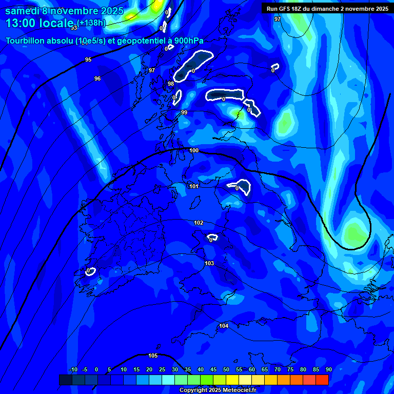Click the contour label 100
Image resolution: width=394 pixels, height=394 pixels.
pyautogui.click(x=194, y=150)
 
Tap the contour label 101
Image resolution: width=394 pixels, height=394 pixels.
pyautogui.click(x=193, y=186)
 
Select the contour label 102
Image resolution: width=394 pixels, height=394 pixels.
pyautogui.click(x=199, y=223)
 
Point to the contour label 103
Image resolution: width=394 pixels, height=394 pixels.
pyautogui.click(x=209, y=263)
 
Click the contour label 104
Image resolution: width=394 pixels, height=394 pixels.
pyautogui.click(x=224, y=326)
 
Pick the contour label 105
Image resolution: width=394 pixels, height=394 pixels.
pyautogui.click(x=153, y=356)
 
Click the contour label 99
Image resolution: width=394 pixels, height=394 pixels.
pyautogui.click(x=184, y=112)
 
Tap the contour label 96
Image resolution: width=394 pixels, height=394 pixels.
pyautogui.click(x=97, y=78)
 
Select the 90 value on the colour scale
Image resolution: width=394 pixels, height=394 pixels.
pyautogui.click(x=328, y=370)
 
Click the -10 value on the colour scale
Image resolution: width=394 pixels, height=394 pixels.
pyautogui.click(x=73, y=370)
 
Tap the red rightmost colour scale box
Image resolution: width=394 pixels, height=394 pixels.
pyautogui.click(x=322, y=380)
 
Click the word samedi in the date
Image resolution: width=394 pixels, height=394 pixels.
pyautogui.click(x=23, y=11)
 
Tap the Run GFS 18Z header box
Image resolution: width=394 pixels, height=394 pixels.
pyautogui.click(x=327, y=9)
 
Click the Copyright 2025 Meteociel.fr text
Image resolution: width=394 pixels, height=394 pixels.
pyautogui.click(x=217, y=390)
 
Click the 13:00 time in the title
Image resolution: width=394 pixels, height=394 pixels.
pyautogui.click(x=21, y=23)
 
